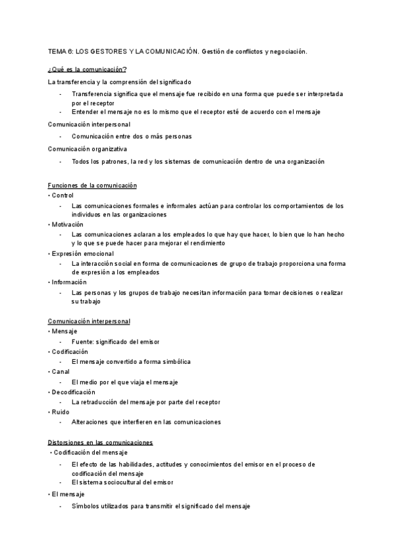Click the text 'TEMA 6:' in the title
(x=61, y=51)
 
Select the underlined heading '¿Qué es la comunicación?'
(x=88, y=69)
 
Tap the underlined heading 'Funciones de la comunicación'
(x=93, y=186)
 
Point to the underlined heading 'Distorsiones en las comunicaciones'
(x=101, y=442)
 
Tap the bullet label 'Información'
(x=69, y=282)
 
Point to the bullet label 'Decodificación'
(x=74, y=392)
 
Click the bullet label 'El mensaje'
(x=69, y=493)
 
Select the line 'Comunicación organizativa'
(x=88, y=149)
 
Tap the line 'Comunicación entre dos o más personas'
(x=132, y=136)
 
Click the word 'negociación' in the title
(x=286, y=51)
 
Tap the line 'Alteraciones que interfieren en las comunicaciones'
(x=146, y=422)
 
